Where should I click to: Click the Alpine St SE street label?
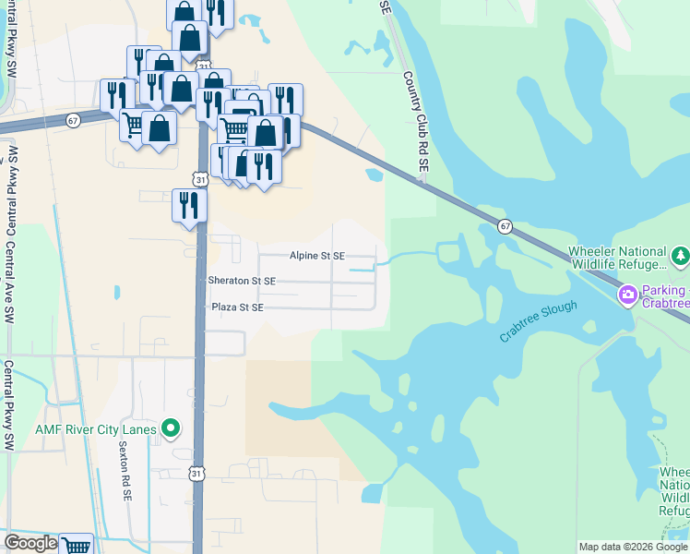tap(316, 256)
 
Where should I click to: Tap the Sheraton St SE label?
tap(243, 281)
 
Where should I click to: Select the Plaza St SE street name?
tap(237, 307)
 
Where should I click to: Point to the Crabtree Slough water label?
tap(539, 322)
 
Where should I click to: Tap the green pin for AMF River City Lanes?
tap(171, 428)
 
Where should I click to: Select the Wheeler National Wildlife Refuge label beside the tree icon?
tap(617, 258)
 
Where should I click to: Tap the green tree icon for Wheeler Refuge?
tap(680, 254)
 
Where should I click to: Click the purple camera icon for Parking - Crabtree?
tap(628, 295)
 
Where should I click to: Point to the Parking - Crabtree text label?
tap(664, 296)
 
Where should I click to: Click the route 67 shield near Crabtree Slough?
tap(505, 226)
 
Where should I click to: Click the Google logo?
tap(30, 543)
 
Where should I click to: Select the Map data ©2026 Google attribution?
tap(633, 547)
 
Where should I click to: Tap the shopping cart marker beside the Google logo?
tap(77, 545)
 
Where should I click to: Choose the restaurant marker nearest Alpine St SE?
tap(188, 205)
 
